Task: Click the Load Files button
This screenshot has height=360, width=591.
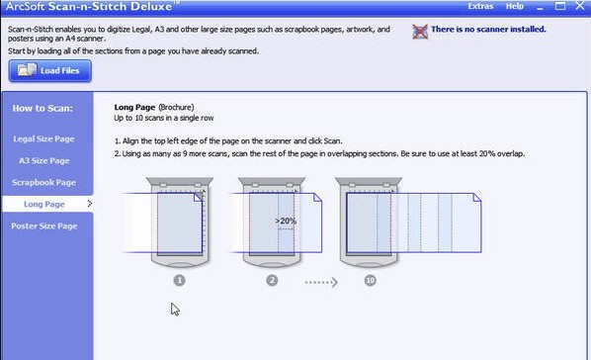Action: (50, 70)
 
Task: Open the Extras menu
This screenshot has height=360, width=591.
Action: (480, 6)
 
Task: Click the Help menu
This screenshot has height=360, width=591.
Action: (515, 6)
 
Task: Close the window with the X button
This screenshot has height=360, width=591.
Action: (580, 6)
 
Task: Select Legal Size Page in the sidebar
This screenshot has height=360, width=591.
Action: (44, 138)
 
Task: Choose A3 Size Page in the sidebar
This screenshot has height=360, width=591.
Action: (44, 161)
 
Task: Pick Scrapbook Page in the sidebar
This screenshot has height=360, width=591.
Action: (44, 182)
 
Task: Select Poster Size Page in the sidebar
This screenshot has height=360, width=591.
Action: (44, 226)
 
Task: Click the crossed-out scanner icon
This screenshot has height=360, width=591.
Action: (420, 32)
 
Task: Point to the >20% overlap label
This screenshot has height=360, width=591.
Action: (286, 221)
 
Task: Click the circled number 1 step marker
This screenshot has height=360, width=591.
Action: (180, 280)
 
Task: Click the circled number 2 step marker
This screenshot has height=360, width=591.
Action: (272, 280)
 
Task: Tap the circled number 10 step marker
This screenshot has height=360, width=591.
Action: (371, 280)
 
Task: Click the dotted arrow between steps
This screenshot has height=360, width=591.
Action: (321, 282)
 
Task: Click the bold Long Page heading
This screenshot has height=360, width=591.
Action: (134, 107)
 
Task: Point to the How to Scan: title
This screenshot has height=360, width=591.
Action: (42, 109)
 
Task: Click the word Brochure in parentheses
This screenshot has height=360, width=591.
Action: (176, 107)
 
